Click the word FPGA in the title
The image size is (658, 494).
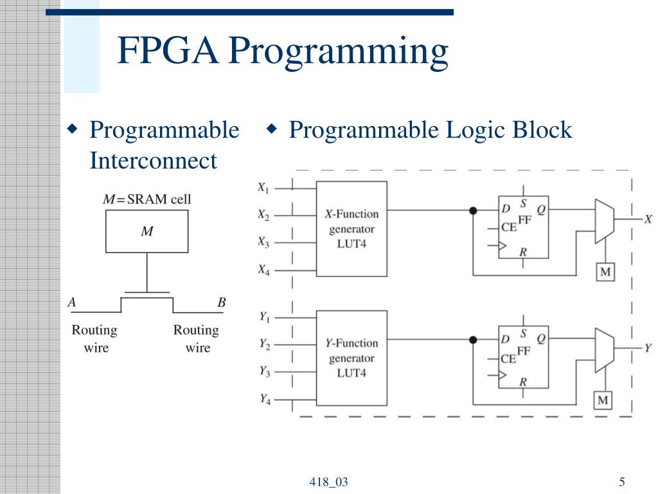[x=168, y=51]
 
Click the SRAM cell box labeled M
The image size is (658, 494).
[x=147, y=231]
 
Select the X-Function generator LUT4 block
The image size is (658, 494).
[x=351, y=228]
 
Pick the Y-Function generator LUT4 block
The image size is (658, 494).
[x=351, y=358]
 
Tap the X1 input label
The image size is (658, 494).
[x=263, y=188]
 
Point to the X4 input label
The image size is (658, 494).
[x=263, y=270]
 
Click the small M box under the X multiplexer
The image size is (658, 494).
[x=605, y=272]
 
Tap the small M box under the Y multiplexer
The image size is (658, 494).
[x=603, y=401]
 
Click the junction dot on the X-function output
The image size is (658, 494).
[x=473, y=210]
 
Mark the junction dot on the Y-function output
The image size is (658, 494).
[x=473, y=340]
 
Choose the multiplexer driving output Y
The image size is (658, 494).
[x=604, y=350]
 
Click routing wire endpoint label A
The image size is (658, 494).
[x=72, y=302]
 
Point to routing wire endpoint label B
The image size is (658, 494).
[x=222, y=302]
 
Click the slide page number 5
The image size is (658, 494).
[x=622, y=482]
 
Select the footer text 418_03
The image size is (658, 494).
[x=328, y=482]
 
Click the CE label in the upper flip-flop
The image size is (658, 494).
[x=508, y=228]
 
